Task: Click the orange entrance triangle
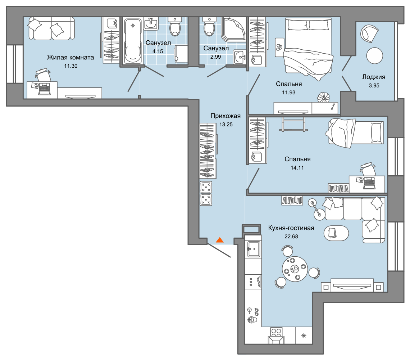click(220, 240)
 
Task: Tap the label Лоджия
click(374, 77)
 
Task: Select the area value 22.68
click(291, 237)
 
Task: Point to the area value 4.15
click(158, 51)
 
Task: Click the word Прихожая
click(225, 116)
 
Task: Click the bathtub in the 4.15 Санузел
click(133, 41)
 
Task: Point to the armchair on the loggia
click(370, 33)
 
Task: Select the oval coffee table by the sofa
click(336, 233)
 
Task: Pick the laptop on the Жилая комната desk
click(45, 89)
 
